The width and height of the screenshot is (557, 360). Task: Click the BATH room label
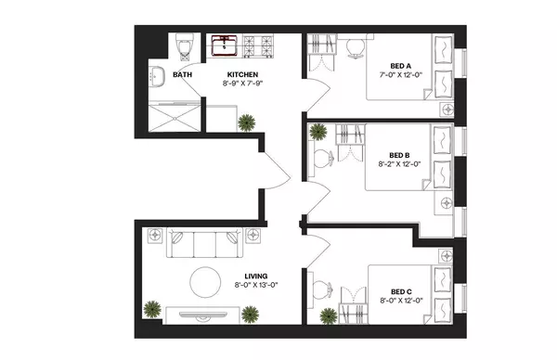point(182,74)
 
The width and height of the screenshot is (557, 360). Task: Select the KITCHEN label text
point(242,74)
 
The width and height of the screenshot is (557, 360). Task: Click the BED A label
point(399,65)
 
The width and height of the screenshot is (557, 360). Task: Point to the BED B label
point(399,155)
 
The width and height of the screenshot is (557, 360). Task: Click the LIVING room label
point(256,276)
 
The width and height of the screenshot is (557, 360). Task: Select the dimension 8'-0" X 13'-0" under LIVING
point(256,287)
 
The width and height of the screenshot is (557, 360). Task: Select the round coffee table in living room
point(204,279)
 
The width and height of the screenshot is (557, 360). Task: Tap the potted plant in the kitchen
point(247,122)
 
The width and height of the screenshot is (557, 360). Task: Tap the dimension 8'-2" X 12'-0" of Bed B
point(399,165)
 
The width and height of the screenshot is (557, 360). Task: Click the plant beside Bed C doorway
point(328,315)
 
